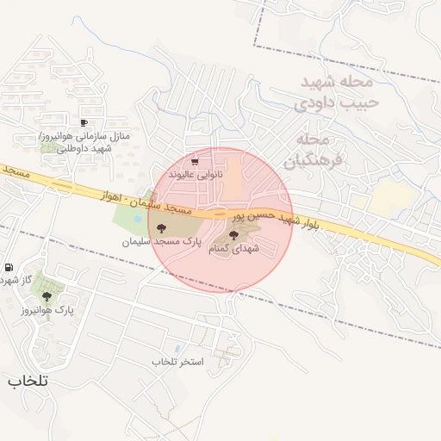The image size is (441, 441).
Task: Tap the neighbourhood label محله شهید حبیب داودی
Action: tap(336, 92)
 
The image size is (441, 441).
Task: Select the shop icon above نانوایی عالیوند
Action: tap(195, 161)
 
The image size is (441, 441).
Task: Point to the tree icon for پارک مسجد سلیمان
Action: tap(162, 228)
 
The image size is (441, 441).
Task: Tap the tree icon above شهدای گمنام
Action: tap(233, 234)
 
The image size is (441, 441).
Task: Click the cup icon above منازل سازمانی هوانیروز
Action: tap(84, 123)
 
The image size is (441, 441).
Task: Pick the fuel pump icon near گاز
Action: tap(9, 267)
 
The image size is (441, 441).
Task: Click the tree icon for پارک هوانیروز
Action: tap(47, 295)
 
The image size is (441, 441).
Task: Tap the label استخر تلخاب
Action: tap(177, 361)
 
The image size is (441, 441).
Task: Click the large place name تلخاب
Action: tap(28, 380)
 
